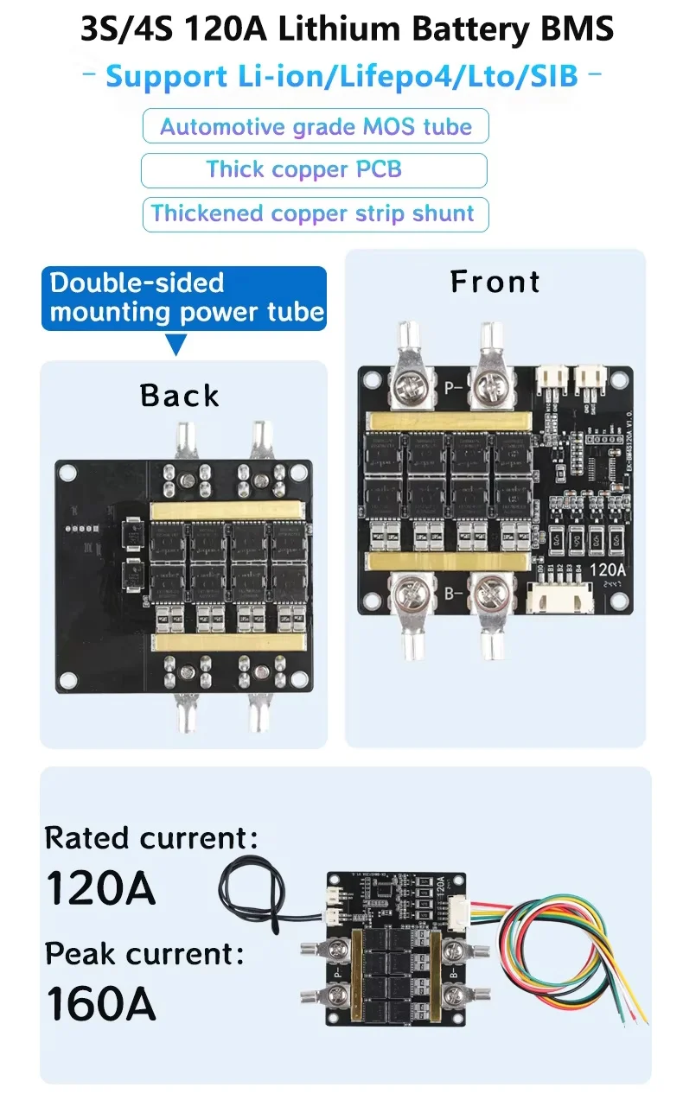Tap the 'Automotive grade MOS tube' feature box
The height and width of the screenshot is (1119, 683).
[316, 126]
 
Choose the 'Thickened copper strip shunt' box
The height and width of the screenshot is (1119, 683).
[313, 213]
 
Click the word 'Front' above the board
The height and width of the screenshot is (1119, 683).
[495, 282]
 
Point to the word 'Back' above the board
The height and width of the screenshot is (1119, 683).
[180, 395]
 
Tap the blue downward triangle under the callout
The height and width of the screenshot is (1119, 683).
[176, 346]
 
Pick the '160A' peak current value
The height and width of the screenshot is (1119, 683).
[100, 1004]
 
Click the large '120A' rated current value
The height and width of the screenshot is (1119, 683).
[100, 887]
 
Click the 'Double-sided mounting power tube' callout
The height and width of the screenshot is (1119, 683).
[184, 297]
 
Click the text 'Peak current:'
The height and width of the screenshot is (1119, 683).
[144, 954]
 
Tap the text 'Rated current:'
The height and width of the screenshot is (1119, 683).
[151, 837]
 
